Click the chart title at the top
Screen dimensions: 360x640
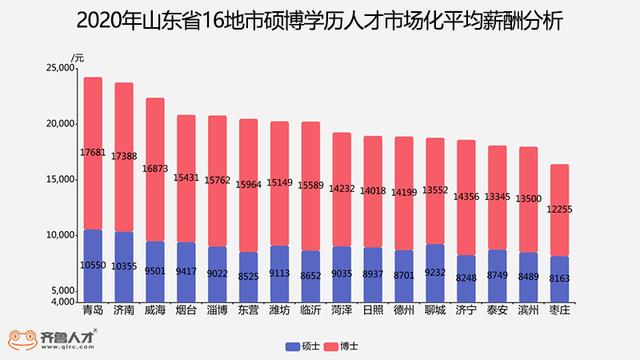320,20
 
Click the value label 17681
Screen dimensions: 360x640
93,152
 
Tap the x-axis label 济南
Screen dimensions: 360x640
124,310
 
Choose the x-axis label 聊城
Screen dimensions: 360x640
435,310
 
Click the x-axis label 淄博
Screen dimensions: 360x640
217,310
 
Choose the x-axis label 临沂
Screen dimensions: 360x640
311,310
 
